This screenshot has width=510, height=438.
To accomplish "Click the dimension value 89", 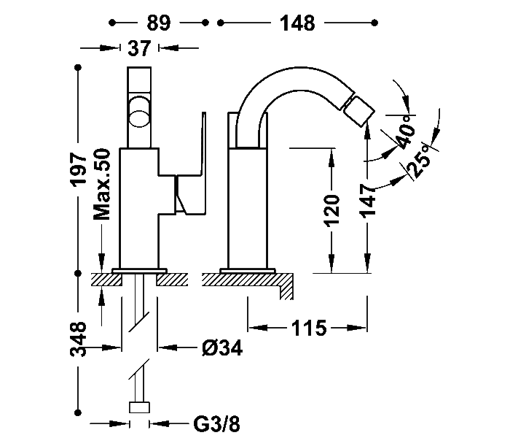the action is pos(158,23).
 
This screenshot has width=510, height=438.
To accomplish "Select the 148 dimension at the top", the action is pos(297,23).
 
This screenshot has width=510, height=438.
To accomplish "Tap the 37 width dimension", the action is pos(139,48).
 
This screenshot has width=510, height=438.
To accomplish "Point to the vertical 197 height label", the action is pos(79,169).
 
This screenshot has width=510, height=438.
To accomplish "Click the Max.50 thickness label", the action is pos(102,184).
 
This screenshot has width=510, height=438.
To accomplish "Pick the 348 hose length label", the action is pos(78,339).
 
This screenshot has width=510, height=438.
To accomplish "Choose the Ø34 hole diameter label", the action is pos(222,347).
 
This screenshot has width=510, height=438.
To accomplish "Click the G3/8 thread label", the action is pos(216,423).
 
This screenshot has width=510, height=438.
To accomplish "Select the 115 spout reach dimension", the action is pos(308,328).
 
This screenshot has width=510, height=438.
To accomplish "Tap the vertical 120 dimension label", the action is pos(331,210).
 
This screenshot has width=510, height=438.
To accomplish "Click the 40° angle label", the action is pos(406,131).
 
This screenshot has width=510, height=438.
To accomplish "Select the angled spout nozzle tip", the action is pos(358,112).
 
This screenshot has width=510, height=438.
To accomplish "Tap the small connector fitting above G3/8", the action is pos(140,407).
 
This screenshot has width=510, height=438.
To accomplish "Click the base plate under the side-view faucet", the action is pos(248,271).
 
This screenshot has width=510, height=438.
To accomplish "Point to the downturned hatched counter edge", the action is pos(286,287).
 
